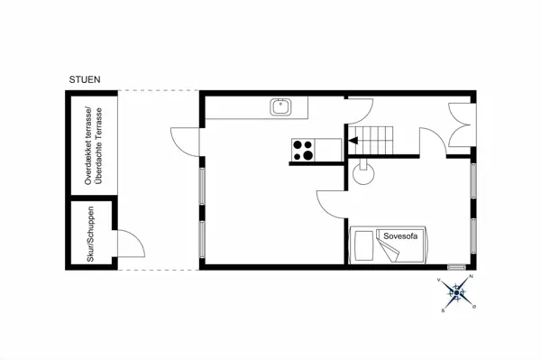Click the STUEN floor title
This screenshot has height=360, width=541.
(x=85, y=79)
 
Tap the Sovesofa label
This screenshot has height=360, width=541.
(x=400, y=236)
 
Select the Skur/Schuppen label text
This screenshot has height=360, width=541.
(x=91, y=234)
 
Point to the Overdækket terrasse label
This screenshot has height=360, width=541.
(x=88, y=145)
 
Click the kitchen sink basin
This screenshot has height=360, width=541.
(x=280, y=107)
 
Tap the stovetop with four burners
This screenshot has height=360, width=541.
(x=303, y=150)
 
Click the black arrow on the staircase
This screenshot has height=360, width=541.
(x=353, y=141)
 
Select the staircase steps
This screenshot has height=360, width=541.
(x=371, y=141)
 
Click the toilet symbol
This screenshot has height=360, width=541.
(x=363, y=171)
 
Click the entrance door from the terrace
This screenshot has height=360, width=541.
(x=185, y=142)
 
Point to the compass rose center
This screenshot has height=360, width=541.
(x=457, y=293)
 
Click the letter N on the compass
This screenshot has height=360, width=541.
(x=472, y=276)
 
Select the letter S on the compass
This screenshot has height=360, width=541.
(x=443, y=310)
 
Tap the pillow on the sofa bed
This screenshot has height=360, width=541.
(x=364, y=245)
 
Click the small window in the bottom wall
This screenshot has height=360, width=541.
(x=456, y=267)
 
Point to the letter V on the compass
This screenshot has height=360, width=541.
(x=439, y=280)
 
